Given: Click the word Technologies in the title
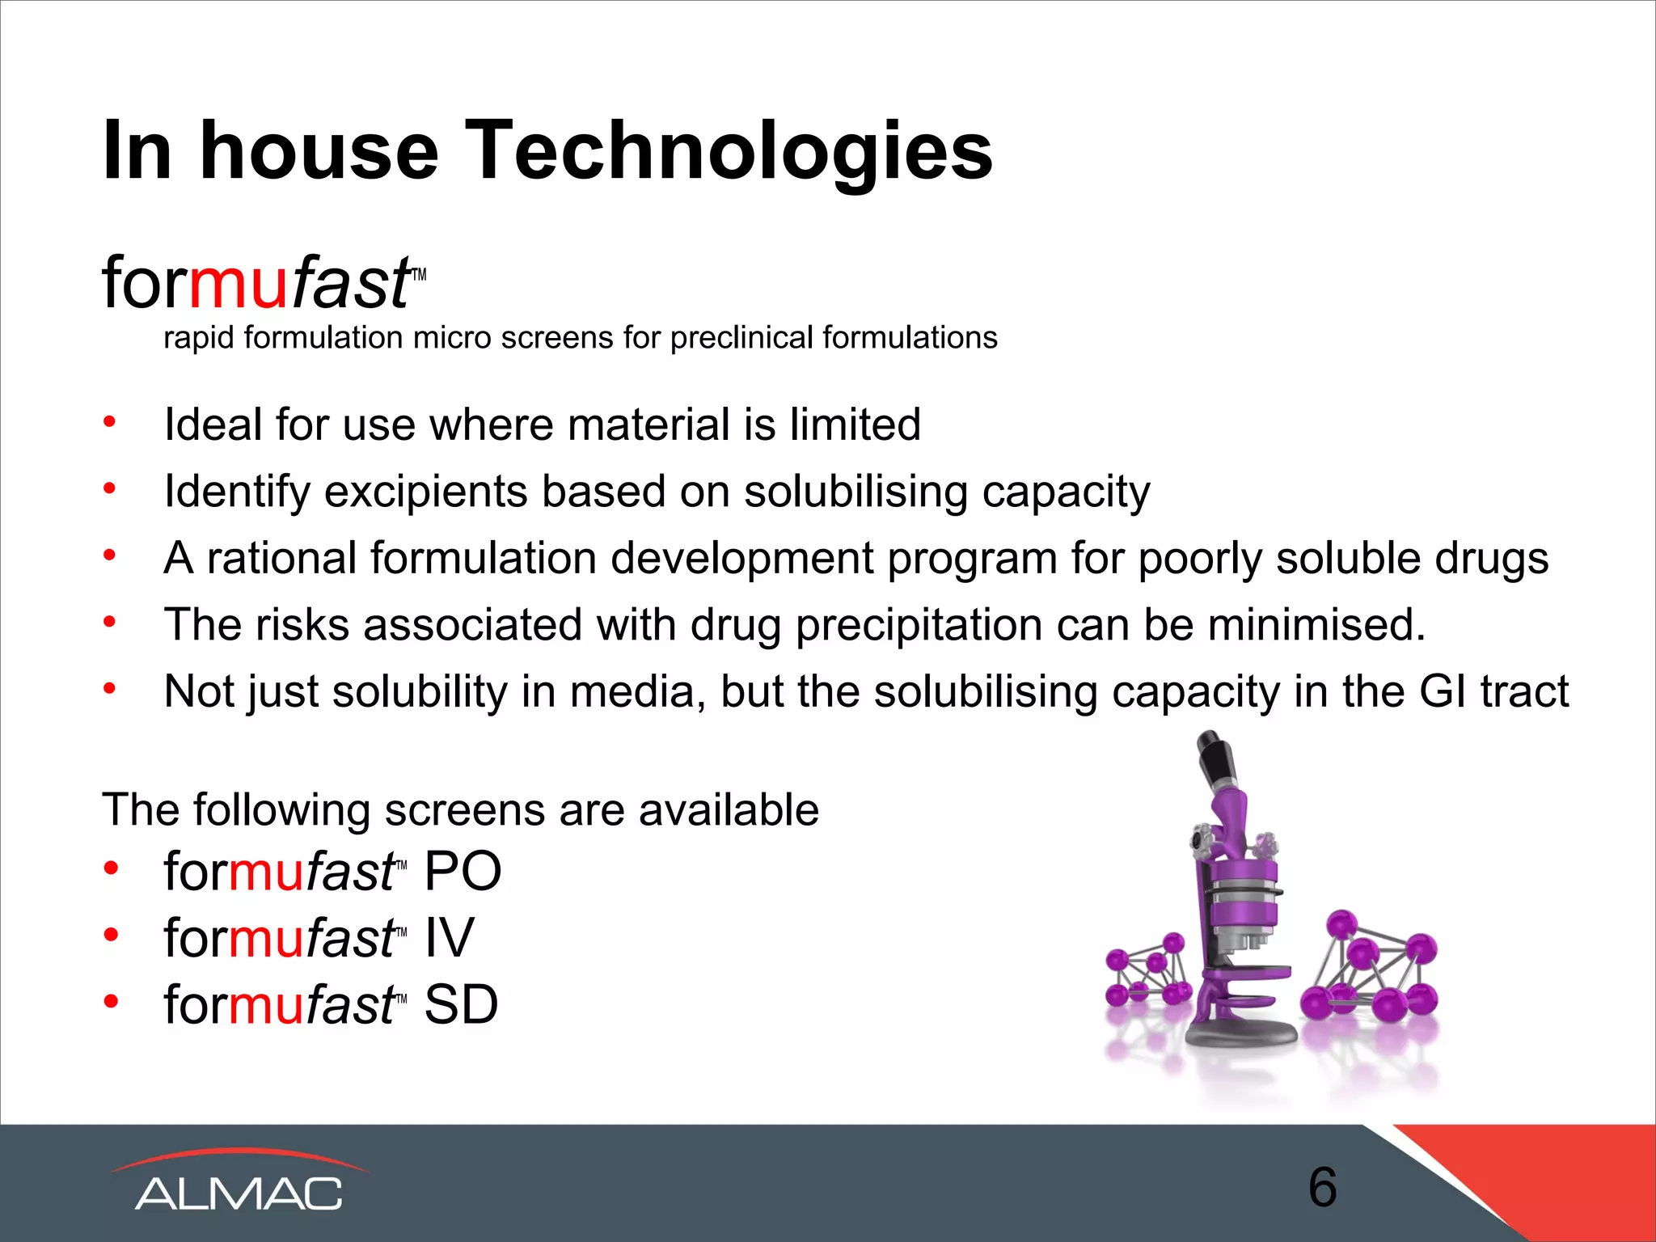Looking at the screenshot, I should [x=729, y=151].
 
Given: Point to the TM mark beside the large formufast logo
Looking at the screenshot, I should [x=418, y=276].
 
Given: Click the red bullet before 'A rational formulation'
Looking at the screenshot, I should [x=110, y=556].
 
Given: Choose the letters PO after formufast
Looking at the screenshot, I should [x=463, y=872].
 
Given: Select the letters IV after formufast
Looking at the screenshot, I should [x=450, y=938].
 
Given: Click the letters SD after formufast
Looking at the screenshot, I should [x=461, y=1005].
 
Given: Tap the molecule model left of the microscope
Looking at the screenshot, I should [x=1149, y=970].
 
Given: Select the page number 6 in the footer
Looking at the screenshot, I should [x=1322, y=1187].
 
